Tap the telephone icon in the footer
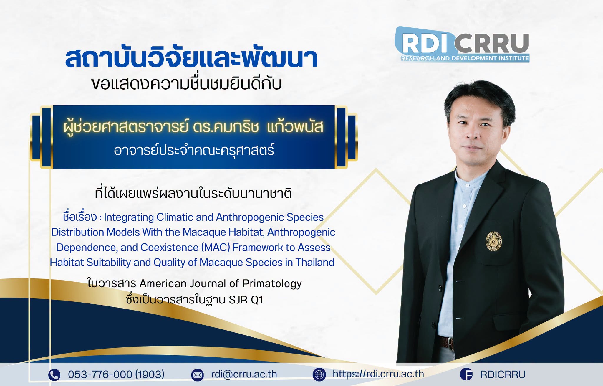(54, 375)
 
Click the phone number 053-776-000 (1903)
(116, 375)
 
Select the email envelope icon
(197, 375)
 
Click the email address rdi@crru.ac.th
(244, 374)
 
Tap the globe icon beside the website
(319, 375)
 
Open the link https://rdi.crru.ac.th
(378, 374)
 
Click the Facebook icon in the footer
(466, 375)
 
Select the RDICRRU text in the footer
(503, 375)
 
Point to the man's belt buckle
(450, 343)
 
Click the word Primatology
(272, 284)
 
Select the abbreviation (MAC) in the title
(216, 247)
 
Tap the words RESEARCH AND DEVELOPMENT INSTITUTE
(465, 58)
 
